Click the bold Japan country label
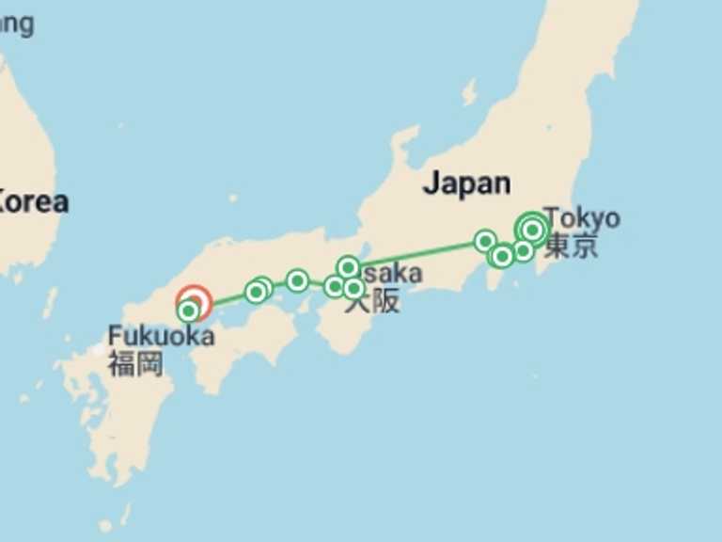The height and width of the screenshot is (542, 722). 466,183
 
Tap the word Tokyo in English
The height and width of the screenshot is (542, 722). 582,218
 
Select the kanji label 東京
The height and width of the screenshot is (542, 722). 571,247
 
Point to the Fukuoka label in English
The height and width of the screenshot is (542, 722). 161,336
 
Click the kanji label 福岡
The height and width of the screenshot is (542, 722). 135,364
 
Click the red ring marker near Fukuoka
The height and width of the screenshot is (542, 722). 195,303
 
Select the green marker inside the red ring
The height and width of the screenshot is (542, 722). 189,310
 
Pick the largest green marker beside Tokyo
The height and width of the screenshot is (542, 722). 532,229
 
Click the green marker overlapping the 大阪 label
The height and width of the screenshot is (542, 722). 353,288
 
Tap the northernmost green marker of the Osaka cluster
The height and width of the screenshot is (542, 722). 348,267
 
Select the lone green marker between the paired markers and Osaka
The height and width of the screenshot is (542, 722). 297,280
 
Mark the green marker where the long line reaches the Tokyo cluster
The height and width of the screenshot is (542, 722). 485,241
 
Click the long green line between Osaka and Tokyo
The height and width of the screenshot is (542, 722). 418,254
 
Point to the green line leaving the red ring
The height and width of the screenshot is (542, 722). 226,299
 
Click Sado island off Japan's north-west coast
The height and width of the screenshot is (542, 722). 468,92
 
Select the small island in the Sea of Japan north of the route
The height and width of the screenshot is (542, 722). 232,199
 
